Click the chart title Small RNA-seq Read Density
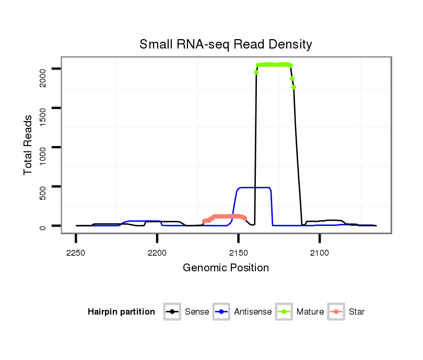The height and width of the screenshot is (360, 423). click(226, 44)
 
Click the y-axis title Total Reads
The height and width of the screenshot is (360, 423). click(29, 145)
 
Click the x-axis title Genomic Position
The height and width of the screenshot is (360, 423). click(226, 268)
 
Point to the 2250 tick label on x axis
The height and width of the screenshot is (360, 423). click(76, 253)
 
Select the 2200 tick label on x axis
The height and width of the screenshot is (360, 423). click(157, 253)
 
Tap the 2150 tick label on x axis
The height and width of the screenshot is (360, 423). click(239, 253)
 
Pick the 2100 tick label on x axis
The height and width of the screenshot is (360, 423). click(320, 253)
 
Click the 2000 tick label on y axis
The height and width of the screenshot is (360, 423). click(43, 77)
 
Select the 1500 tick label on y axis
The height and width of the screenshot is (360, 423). click(43, 116)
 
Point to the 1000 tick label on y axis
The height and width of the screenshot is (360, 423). click(43, 155)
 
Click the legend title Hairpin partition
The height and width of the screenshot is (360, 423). click(121, 312)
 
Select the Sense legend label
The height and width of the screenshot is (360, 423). click(197, 312)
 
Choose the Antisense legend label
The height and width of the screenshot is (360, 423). click(253, 312)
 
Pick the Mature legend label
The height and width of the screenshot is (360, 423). click(310, 312)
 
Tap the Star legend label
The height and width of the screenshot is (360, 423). click(357, 312)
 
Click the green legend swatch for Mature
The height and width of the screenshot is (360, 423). click(284, 312)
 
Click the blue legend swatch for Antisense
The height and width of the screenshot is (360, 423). click(222, 312)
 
